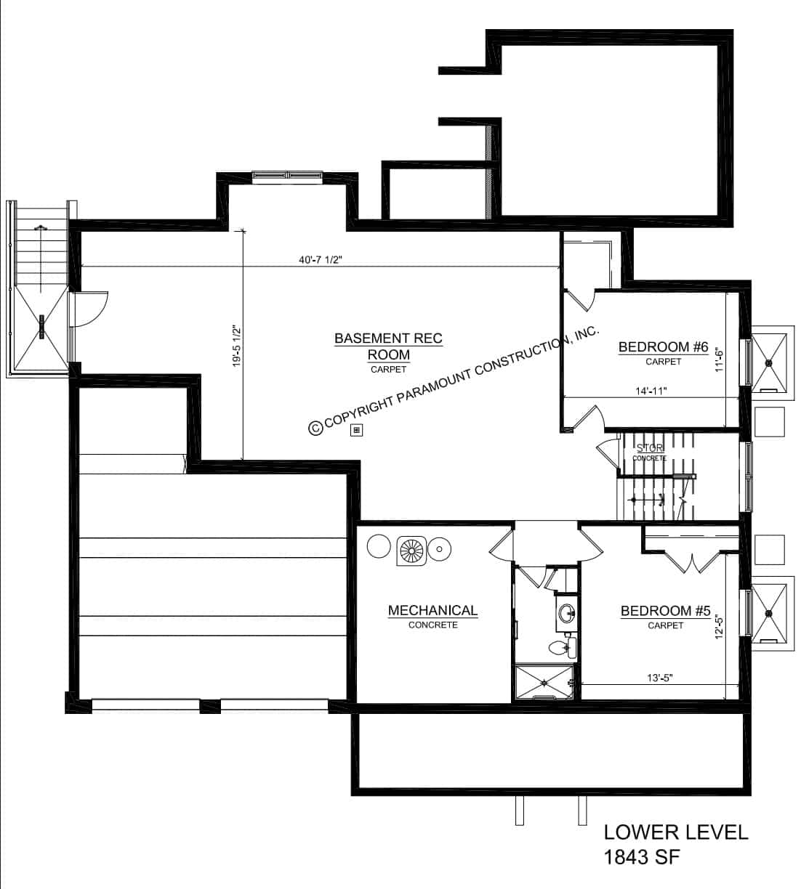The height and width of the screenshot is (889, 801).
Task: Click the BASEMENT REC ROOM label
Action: [x=387, y=346]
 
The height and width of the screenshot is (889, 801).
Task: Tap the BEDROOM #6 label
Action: [x=663, y=347]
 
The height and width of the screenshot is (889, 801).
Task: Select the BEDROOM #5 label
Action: [x=665, y=612]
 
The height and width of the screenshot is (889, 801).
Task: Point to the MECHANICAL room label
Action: [x=432, y=611]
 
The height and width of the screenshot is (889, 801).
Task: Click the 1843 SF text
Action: [x=642, y=858]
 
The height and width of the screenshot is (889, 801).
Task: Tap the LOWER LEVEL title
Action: [x=676, y=832]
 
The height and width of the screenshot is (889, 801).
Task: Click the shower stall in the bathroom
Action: [x=544, y=683]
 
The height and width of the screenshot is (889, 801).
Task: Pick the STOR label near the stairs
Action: [x=649, y=448]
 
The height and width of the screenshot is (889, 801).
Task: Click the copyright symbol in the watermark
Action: [x=315, y=429]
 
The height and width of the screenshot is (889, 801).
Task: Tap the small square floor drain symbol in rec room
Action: [x=356, y=430]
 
